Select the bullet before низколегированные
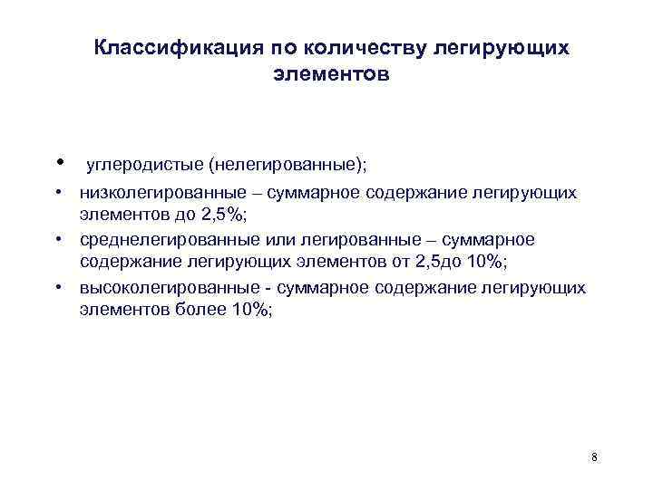(x=57, y=193)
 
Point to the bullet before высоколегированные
(x=57, y=288)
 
